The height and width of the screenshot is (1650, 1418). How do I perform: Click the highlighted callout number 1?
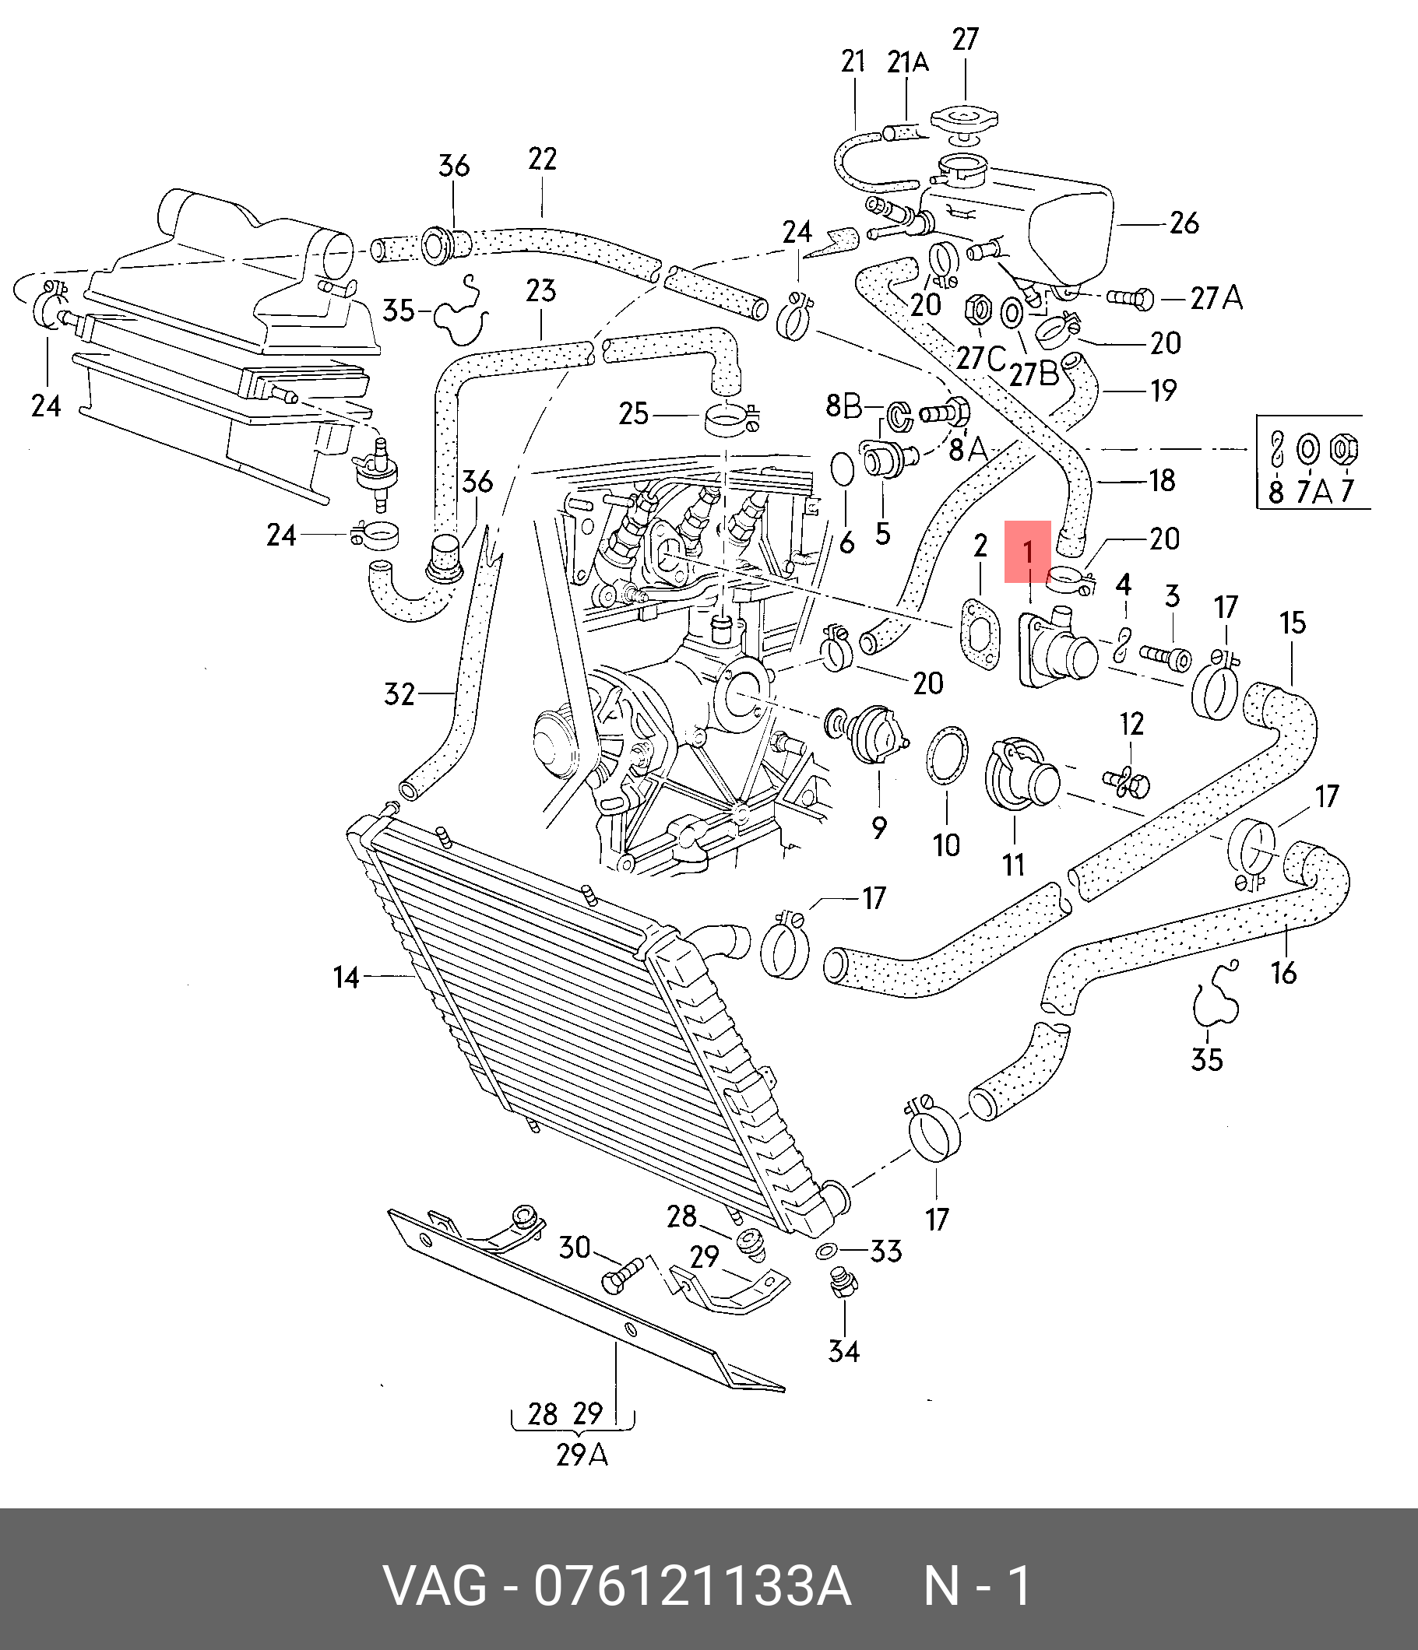point(1028,551)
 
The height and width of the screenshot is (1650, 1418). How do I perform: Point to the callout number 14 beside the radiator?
point(347,976)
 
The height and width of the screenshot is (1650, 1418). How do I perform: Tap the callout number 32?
point(400,694)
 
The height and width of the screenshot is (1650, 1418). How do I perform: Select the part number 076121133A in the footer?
point(692,1585)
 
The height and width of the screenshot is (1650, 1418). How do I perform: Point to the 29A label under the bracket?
point(582,1455)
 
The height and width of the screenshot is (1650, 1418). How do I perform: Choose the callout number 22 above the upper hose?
point(542,160)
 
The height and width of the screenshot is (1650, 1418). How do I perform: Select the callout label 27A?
point(1216,299)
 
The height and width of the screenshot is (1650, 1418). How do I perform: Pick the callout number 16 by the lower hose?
point(1283,972)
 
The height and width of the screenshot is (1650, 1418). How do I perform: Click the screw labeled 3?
point(1165,658)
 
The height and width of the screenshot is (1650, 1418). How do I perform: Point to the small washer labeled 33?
point(825,1251)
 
